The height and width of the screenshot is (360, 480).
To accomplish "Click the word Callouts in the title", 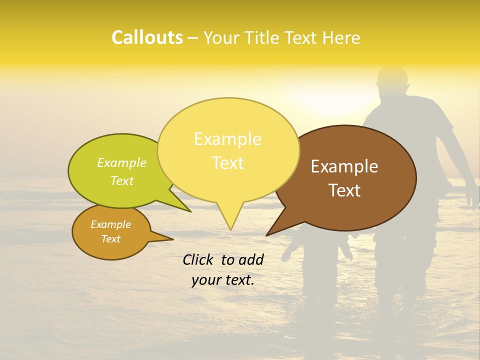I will tap(147, 37).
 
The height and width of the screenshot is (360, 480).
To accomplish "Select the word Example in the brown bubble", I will tap(344, 166).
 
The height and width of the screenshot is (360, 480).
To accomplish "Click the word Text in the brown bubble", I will tap(344, 190).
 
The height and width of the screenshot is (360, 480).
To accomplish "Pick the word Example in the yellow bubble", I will tap(227, 139).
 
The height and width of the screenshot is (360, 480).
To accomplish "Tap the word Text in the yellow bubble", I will tap(227, 163).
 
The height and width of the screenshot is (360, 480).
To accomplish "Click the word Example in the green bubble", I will tap(121, 163).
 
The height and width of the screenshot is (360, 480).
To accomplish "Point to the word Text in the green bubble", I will tap(121, 180).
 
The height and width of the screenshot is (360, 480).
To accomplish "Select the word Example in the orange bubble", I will tap(110, 224).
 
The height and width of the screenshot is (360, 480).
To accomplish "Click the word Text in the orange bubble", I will tap(110, 239).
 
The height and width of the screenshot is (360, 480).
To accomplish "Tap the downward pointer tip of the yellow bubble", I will tap(230, 229).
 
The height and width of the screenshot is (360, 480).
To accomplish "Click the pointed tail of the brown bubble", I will tap(267, 235).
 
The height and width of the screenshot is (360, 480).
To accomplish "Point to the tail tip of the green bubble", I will tap(190, 211).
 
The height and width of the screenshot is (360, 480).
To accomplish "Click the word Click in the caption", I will tap(198, 260).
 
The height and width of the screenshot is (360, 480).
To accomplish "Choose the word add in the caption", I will tap(251, 260).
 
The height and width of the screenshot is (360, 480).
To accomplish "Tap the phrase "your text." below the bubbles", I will tap(222, 280).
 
